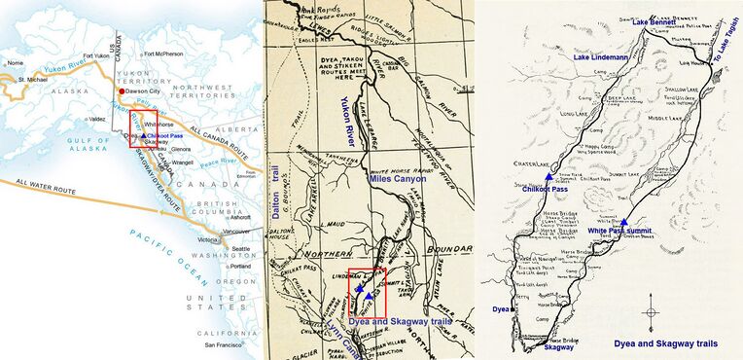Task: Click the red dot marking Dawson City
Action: (x=122, y=91)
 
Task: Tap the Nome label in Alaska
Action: (x=14, y=62)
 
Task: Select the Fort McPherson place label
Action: (x=166, y=54)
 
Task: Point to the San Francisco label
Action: (x=215, y=344)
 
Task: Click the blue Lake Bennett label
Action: (x=654, y=20)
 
